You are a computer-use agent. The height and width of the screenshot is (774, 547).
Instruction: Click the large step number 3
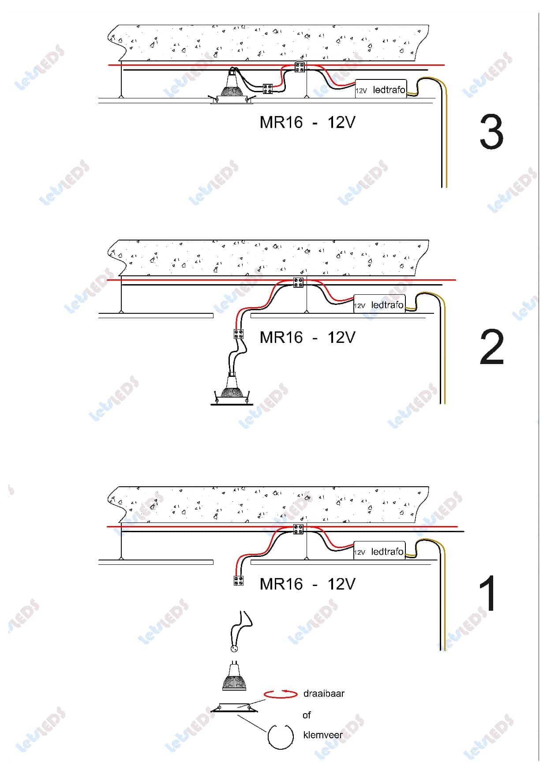point(491,132)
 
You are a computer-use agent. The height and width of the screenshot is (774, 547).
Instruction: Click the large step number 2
point(491,347)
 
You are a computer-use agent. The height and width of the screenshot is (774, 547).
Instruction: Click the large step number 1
point(488,593)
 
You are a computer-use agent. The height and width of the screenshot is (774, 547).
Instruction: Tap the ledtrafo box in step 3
point(381,89)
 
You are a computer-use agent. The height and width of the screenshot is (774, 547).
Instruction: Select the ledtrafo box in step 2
point(379,304)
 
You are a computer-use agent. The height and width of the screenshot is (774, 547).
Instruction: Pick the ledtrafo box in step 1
point(379,551)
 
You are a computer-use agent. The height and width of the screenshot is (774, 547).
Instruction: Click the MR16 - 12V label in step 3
point(307,122)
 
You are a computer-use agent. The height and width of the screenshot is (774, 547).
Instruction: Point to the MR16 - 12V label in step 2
point(307,338)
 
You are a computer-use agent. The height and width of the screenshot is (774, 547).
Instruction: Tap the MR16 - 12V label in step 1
point(307,584)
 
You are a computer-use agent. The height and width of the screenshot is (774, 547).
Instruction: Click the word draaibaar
point(324,694)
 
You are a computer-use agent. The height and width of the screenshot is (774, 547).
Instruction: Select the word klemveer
point(323,735)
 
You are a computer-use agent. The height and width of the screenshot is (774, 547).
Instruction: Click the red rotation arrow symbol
point(281,694)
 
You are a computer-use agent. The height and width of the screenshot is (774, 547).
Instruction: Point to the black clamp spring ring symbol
point(281,736)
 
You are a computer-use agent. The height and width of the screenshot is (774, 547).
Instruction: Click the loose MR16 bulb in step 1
point(234,676)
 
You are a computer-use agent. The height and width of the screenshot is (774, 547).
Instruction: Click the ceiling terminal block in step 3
point(300,67)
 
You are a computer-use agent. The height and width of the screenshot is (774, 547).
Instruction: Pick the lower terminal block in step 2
point(239,334)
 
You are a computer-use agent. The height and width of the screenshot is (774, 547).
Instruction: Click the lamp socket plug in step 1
point(234,648)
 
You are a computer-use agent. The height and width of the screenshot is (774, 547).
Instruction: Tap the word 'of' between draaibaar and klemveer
point(307,715)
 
